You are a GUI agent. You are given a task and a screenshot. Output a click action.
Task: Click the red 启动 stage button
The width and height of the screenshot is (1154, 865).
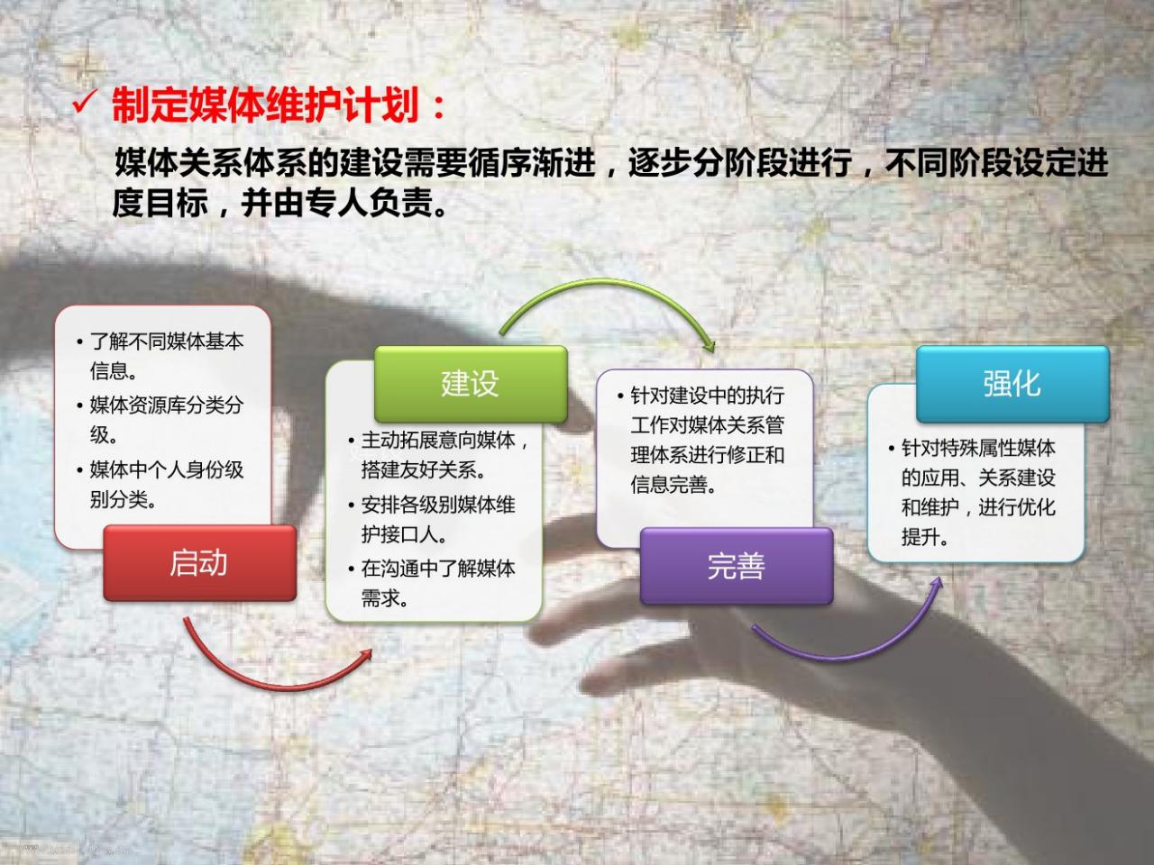[x=200, y=562]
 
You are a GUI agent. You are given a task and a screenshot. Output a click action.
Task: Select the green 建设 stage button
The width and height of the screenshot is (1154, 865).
[x=471, y=383]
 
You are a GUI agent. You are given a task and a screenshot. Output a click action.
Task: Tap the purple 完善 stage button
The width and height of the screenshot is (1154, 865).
[x=737, y=566]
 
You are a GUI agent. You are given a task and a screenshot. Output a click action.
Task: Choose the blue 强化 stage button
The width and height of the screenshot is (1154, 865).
[x=1012, y=384]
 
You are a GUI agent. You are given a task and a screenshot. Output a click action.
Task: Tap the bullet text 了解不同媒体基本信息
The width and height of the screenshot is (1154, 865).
[x=166, y=356]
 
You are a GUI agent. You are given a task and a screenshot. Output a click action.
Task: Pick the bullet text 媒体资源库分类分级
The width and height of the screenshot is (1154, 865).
[x=166, y=419]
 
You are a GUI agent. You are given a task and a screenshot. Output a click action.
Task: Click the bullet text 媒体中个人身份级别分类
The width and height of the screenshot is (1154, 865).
[x=166, y=484]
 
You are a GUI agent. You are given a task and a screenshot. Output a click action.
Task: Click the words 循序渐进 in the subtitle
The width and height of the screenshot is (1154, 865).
[x=532, y=163]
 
